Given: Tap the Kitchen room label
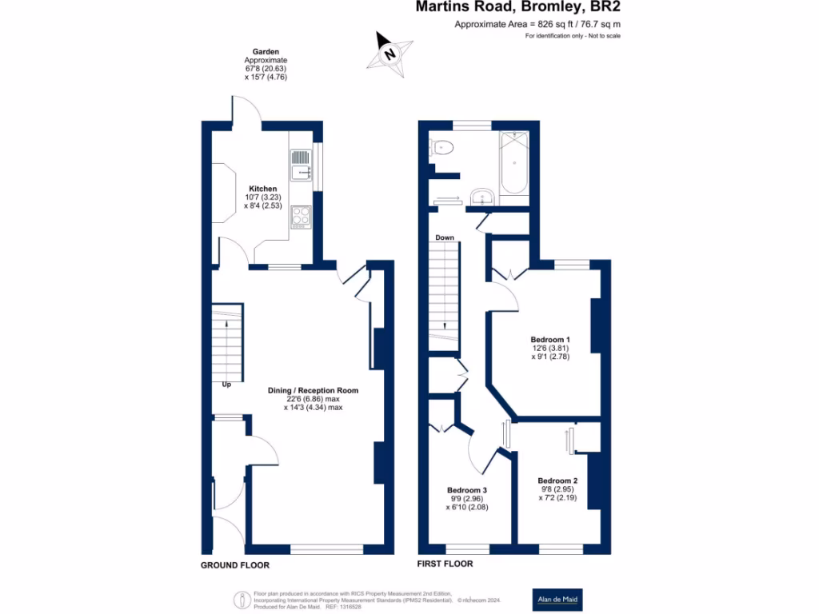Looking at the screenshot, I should [x=263, y=189].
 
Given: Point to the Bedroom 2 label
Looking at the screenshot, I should [x=557, y=480].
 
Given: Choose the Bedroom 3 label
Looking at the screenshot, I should [x=467, y=490].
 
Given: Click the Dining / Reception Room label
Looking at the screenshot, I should [x=313, y=391].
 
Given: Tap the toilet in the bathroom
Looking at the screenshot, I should [x=442, y=146].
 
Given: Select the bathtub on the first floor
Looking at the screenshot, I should [x=513, y=163].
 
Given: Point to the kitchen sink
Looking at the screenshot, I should [x=302, y=165].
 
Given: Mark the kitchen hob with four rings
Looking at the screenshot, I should [x=301, y=216].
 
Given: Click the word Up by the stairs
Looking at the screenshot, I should [x=227, y=385].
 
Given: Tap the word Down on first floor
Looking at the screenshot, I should [x=445, y=237].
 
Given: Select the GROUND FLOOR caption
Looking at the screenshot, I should [x=234, y=564].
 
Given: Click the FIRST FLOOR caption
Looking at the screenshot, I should [x=445, y=564].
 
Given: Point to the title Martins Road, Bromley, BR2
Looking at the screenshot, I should [x=517, y=7].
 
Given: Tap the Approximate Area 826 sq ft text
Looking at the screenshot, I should [x=537, y=25].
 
